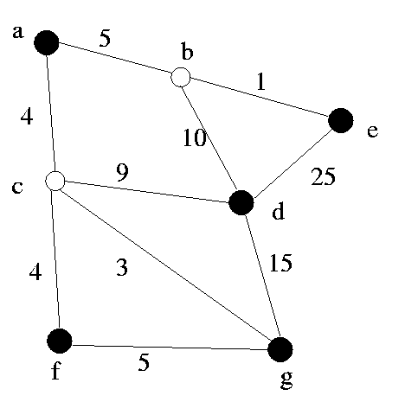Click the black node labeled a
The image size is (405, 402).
(47, 42)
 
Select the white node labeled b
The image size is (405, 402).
(181, 77)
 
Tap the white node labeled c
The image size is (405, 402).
(55, 181)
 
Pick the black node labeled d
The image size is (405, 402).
(241, 202)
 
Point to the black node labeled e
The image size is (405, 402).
(341, 120)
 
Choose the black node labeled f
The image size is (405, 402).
(60, 341)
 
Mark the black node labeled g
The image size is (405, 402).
(280, 349)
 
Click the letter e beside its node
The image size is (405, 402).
(372, 131)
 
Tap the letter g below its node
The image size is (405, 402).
(286, 380)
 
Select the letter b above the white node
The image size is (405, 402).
(187, 51)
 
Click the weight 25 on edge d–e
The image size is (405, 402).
(323, 176)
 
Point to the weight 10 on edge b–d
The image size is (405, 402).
(195, 137)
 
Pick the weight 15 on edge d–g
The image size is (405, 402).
(280, 263)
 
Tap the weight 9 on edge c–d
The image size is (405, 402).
(123, 173)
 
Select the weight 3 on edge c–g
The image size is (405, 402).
(122, 267)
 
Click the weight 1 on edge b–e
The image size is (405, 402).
(260, 81)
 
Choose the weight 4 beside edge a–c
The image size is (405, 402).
(27, 117)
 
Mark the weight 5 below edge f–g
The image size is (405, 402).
(144, 362)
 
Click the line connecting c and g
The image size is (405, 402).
(166, 265)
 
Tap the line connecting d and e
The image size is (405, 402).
(292, 163)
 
